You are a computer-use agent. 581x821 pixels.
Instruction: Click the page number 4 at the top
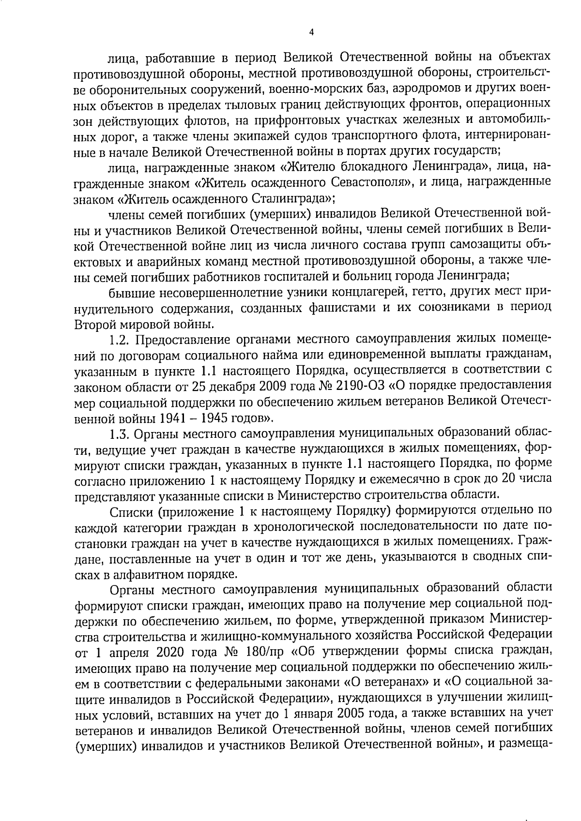pyautogui.click(x=311, y=32)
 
